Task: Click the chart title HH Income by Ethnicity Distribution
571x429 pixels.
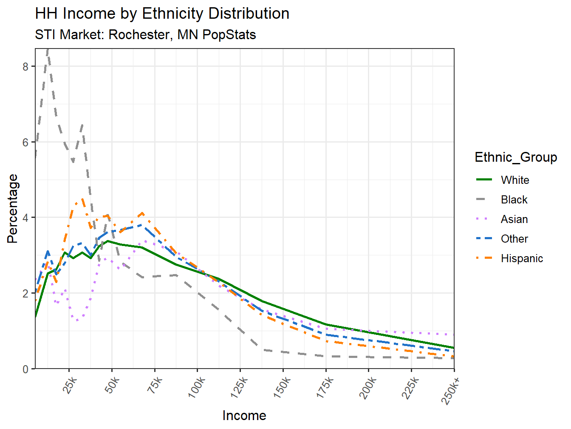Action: coord(162,14)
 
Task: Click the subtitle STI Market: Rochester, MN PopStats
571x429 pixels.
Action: coord(145,34)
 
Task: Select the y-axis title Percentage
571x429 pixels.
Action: coord(13,209)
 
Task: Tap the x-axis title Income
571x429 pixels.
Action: coord(244,415)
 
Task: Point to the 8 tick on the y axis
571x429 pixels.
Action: coord(26,67)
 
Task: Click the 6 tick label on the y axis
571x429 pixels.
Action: coord(26,143)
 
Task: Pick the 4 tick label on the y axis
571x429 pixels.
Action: coord(26,218)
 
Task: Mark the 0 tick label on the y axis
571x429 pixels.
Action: coord(26,369)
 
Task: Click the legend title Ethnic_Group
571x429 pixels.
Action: coord(516,157)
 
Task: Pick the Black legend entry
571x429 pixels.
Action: coord(514,200)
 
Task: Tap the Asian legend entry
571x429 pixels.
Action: coord(514,219)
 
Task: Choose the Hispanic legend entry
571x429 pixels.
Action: coord(522,258)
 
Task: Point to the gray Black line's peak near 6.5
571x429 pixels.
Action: coord(82,124)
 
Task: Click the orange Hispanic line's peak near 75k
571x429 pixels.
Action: coord(142,213)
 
